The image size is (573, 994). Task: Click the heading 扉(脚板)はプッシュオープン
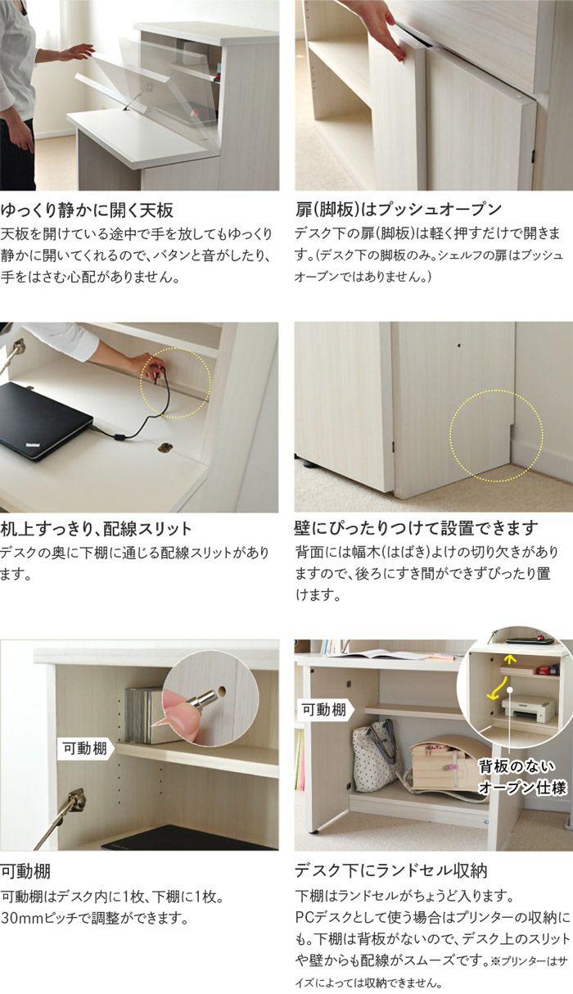(x=398, y=209)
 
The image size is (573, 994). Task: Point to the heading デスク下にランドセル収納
(x=392, y=870)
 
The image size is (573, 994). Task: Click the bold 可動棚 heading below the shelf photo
(x=26, y=870)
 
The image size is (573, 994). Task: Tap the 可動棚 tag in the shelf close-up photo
(x=83, y=747)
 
